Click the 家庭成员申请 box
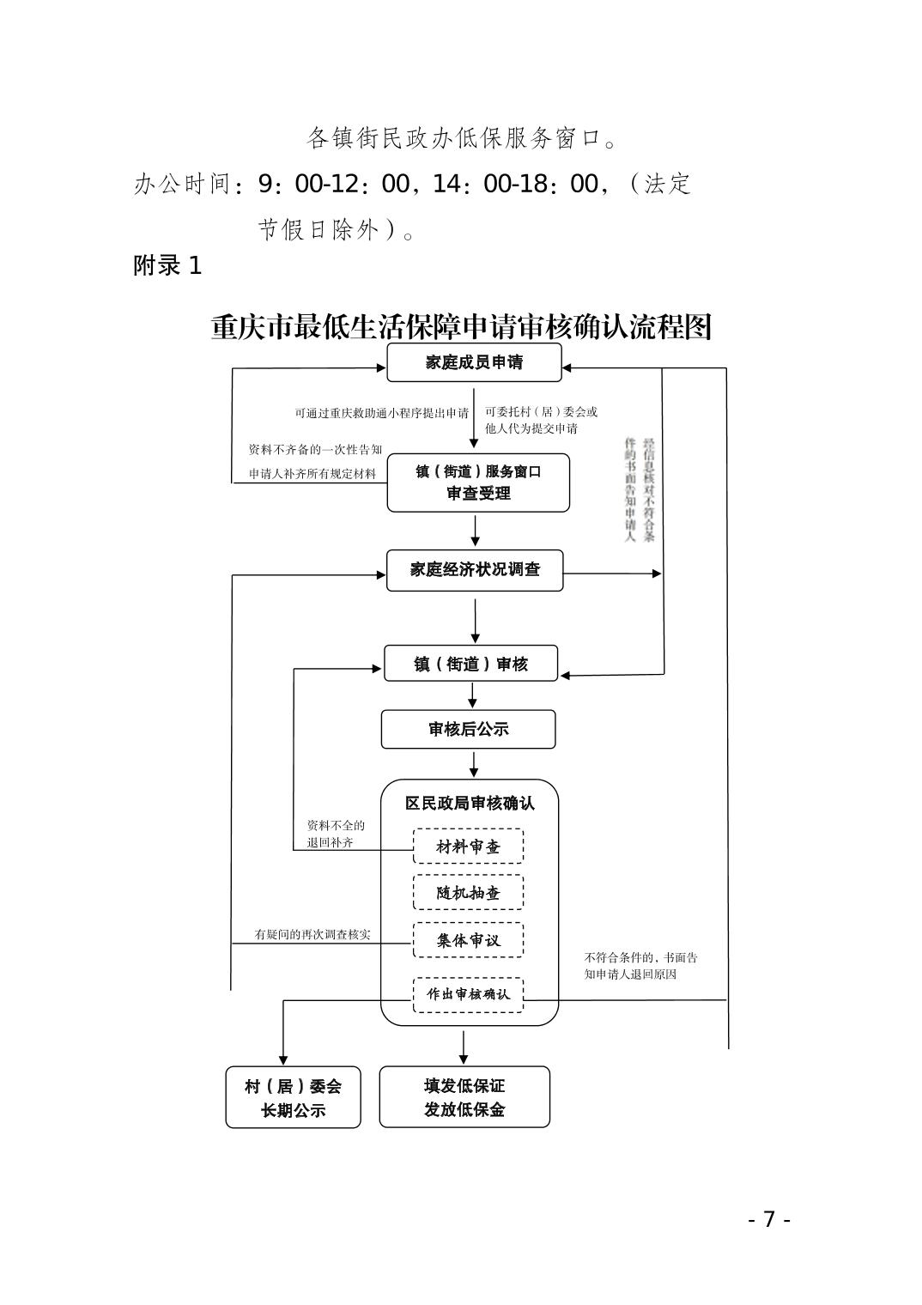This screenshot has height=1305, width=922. click(474, 362)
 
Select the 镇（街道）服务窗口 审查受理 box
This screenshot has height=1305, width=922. click(478, 483)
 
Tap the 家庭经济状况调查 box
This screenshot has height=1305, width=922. click(475, 570)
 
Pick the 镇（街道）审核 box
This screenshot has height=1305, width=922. click(470, 664)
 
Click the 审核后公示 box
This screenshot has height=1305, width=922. click(468, 730)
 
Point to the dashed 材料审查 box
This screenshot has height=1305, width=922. click(468, 847)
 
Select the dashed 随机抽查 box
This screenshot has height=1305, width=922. click(468, 893)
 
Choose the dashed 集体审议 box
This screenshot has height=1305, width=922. click(468, 940)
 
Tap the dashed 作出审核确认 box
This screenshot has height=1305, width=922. click(468, 994)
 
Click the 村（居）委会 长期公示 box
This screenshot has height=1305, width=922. click(293, 1097)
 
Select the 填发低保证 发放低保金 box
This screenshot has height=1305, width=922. click(464, 1097)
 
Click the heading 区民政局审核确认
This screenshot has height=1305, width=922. click(470, 804)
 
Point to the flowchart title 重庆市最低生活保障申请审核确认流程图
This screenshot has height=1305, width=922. click(461, 327)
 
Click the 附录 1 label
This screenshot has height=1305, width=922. click(167, 265)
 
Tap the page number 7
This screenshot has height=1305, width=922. click(769, 1219)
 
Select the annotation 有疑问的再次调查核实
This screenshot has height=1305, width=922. click(312, 934)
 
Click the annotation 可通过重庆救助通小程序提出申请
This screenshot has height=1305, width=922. click(381, 413)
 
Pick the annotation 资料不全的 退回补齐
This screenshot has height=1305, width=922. click(336, 835)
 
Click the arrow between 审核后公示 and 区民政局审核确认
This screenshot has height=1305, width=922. click(474, 763)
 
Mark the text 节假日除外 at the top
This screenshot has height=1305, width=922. click(331, 230)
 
